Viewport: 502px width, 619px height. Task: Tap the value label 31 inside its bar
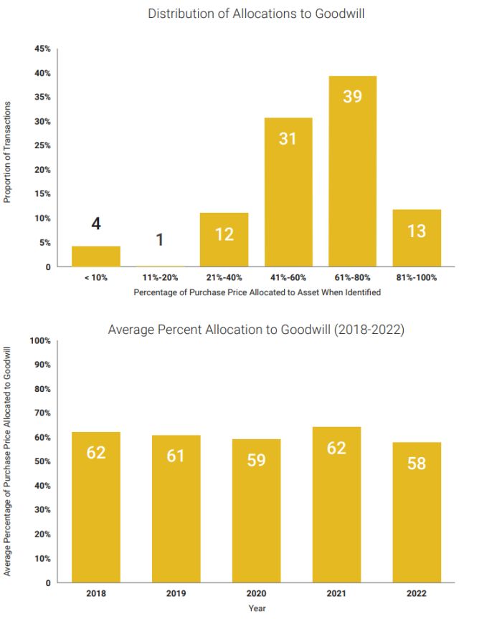point(288,138)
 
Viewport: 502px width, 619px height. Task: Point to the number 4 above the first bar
point(96,224)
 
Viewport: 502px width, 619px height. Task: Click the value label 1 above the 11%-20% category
point(160,240)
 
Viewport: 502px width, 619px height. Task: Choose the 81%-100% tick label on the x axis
point(417,277)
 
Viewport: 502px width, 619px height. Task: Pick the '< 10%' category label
point(95,277)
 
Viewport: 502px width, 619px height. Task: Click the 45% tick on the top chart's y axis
point(42,49)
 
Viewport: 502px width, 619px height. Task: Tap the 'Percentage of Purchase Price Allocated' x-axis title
point(257,292)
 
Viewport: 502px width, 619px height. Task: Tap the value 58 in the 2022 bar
point(417,464)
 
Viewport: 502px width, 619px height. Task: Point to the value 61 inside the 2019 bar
point(176,456)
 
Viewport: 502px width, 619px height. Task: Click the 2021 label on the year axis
point(336,594)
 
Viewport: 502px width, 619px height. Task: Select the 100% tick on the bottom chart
point(40,340)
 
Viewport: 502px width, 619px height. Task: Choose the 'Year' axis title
point(257,608)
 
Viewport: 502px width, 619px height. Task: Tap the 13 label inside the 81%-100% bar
point(417,231)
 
